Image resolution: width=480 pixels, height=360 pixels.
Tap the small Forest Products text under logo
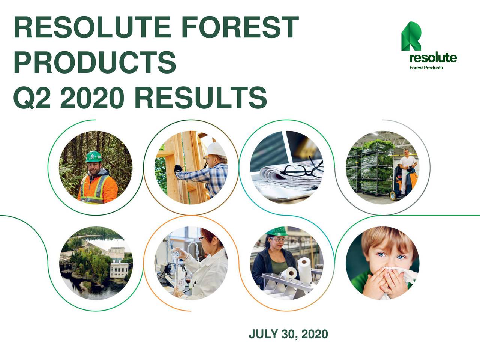tap(426, 68)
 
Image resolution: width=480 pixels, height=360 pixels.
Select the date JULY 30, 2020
tap(288, 334)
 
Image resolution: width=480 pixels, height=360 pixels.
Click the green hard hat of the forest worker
tap(93, 156)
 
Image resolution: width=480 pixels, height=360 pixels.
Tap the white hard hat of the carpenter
tap(217, 150)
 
